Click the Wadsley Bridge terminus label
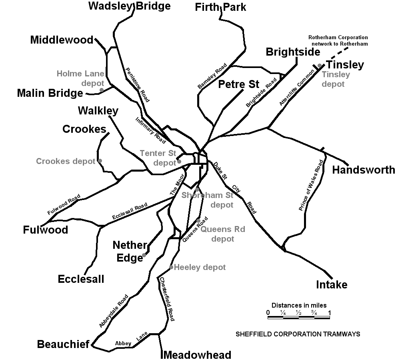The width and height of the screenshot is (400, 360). (x=129, y=6)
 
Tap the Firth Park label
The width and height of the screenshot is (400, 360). (x=220, y=7)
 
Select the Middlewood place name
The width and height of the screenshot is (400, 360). (x=62, y=40)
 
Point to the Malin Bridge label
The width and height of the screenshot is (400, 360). (x=50, y=93)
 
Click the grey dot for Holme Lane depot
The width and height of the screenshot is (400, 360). (x=102, y=90)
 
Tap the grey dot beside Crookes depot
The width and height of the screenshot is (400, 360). (x=100, y=161)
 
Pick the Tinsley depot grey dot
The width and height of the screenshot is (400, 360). (x=319, y=66)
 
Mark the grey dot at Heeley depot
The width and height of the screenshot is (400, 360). (x=171, y=267)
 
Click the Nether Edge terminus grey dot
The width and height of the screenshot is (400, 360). (x=144, y=254)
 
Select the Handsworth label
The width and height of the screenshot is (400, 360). (x=364, y=170)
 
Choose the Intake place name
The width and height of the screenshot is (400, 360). (x=332, y=285)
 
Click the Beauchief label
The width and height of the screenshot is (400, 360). (x=63, y=344)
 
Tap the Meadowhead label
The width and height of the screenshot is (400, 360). (x=198, y=355)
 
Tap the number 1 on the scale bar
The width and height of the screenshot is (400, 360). (x=330, y=312)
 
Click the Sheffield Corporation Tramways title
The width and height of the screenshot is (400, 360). (x=298, y=334)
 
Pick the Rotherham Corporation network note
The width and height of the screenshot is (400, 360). (x=338, y=40)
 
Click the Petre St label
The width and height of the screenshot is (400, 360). (x=239, y=84)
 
